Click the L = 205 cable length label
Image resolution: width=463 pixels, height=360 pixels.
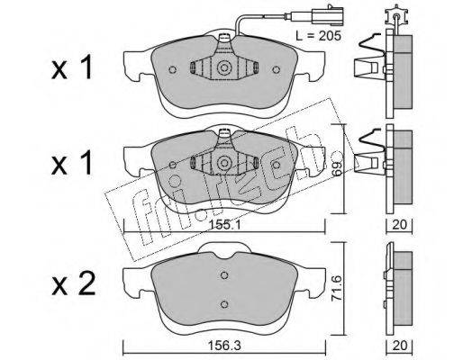point(318,36)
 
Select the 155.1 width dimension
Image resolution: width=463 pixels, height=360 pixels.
point(225,225)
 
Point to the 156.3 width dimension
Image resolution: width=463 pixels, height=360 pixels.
point(225,346)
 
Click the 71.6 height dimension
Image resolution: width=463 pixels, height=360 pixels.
point(337,289)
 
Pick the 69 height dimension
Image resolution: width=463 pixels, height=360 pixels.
point(337,168)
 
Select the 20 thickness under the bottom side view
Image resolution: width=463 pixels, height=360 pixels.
point(400,346)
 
